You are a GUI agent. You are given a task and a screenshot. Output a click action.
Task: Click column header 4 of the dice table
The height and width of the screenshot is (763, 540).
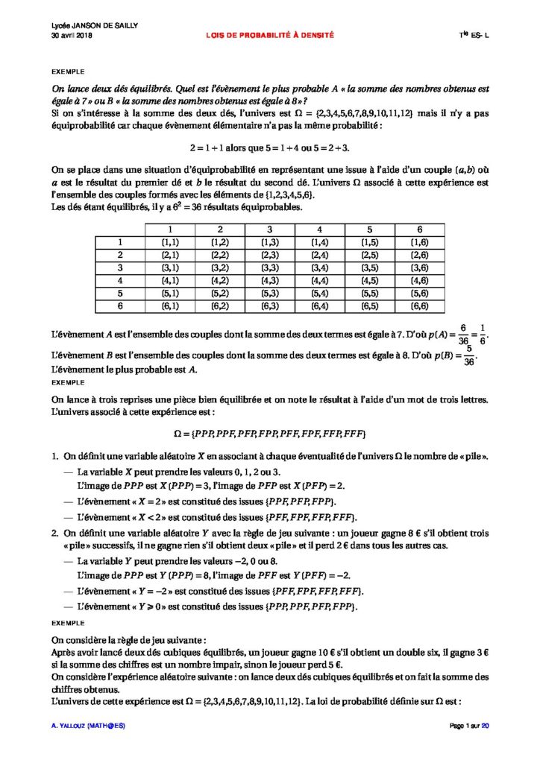tap(319, 229)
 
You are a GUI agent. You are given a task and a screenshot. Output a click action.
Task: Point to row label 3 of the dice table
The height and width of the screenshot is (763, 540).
tap(119, 267)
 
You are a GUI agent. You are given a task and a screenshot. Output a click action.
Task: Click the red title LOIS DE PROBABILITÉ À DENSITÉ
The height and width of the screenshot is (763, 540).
tap(271, 35)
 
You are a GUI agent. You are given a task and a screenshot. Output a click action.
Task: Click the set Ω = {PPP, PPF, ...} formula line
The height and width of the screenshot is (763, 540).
tap(269, 433)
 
